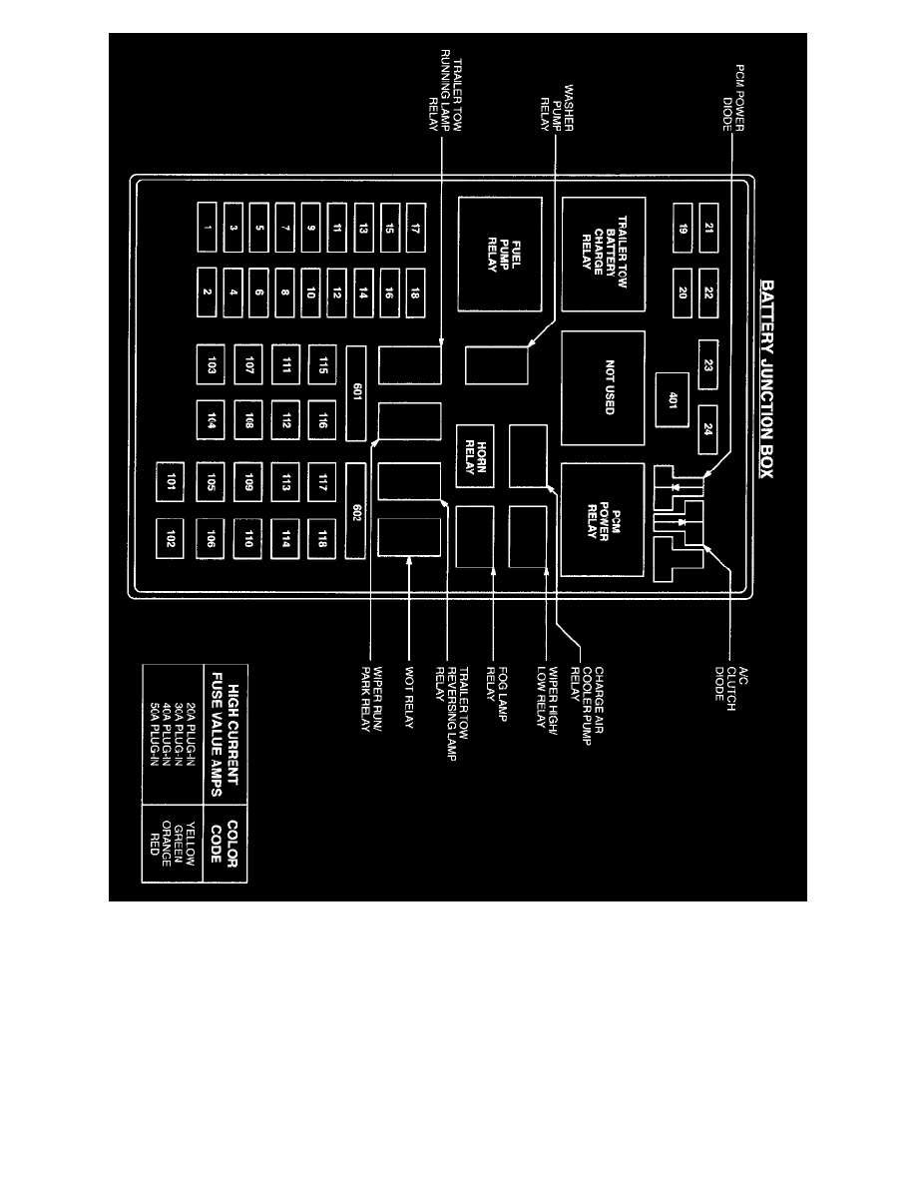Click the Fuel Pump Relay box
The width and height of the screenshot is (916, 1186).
pos(500,254)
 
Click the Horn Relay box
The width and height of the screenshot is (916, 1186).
pos(476,455)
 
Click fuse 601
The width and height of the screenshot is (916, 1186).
pos(356,392)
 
